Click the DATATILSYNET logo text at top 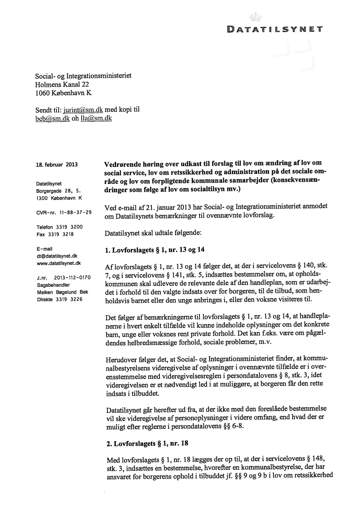274,30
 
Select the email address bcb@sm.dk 53,118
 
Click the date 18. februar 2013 56,165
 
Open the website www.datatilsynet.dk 59,263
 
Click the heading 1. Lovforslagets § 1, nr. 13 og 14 155,250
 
